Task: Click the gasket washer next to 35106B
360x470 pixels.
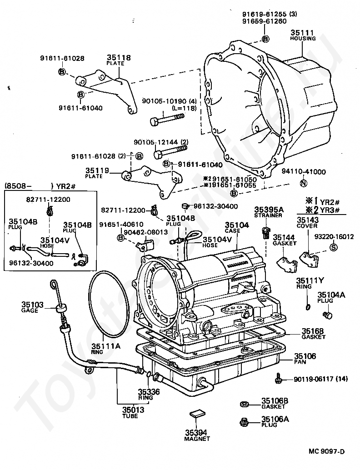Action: [244, 404]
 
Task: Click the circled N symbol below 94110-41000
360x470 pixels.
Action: [304, 184]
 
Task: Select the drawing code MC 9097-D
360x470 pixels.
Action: [327, 451]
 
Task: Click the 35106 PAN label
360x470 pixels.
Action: [305, 359]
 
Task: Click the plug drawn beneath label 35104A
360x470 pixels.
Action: [326, 315]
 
